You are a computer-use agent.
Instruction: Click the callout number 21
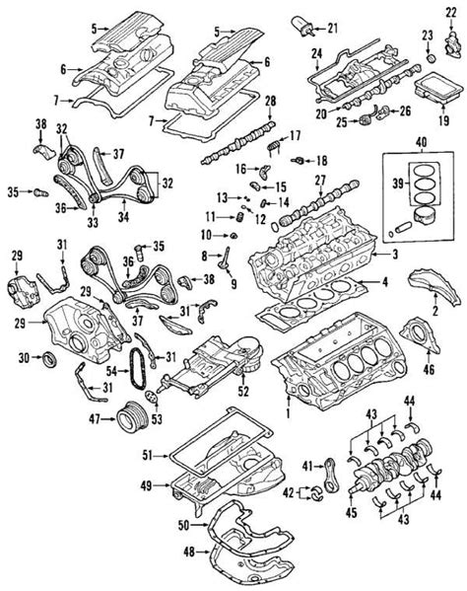332,27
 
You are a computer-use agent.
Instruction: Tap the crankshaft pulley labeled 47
128,418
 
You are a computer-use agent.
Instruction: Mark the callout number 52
240,390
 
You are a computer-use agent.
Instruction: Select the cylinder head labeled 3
315,261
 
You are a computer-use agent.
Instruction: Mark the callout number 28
271,101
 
